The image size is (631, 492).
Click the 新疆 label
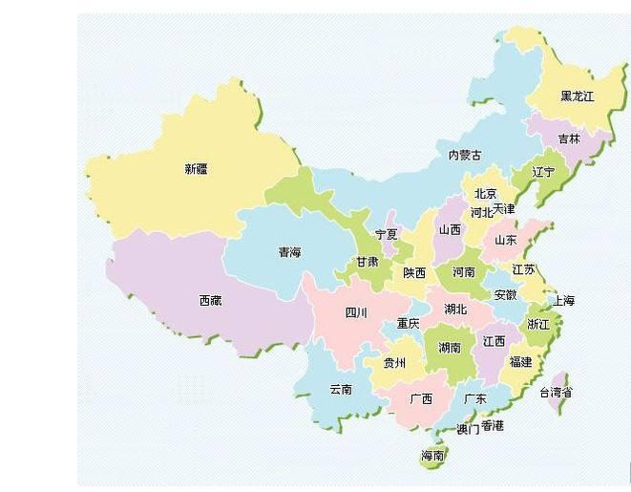click(196, 169)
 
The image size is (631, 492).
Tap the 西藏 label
click(210, 300)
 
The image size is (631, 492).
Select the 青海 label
click(289, 252)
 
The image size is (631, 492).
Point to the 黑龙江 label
click(577, 96)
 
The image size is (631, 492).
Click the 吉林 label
click(569, 138)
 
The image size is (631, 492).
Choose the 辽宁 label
click(542, 173)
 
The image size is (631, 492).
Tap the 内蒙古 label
click(465, 155)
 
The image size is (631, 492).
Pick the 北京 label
click(485, 194)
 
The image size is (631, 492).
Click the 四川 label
click(356, 312)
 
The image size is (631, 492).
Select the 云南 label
click(341, 389)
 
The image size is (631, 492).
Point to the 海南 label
click(432, 456)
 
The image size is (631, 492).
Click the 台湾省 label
click(556, 393)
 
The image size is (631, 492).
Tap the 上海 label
click(563, 301)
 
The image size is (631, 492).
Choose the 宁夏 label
click(387, 234)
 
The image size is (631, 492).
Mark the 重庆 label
click(409, 323)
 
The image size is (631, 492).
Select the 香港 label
click(493, 425)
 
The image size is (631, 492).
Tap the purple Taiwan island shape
click(560, 378)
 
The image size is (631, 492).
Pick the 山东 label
click(505, 240)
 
